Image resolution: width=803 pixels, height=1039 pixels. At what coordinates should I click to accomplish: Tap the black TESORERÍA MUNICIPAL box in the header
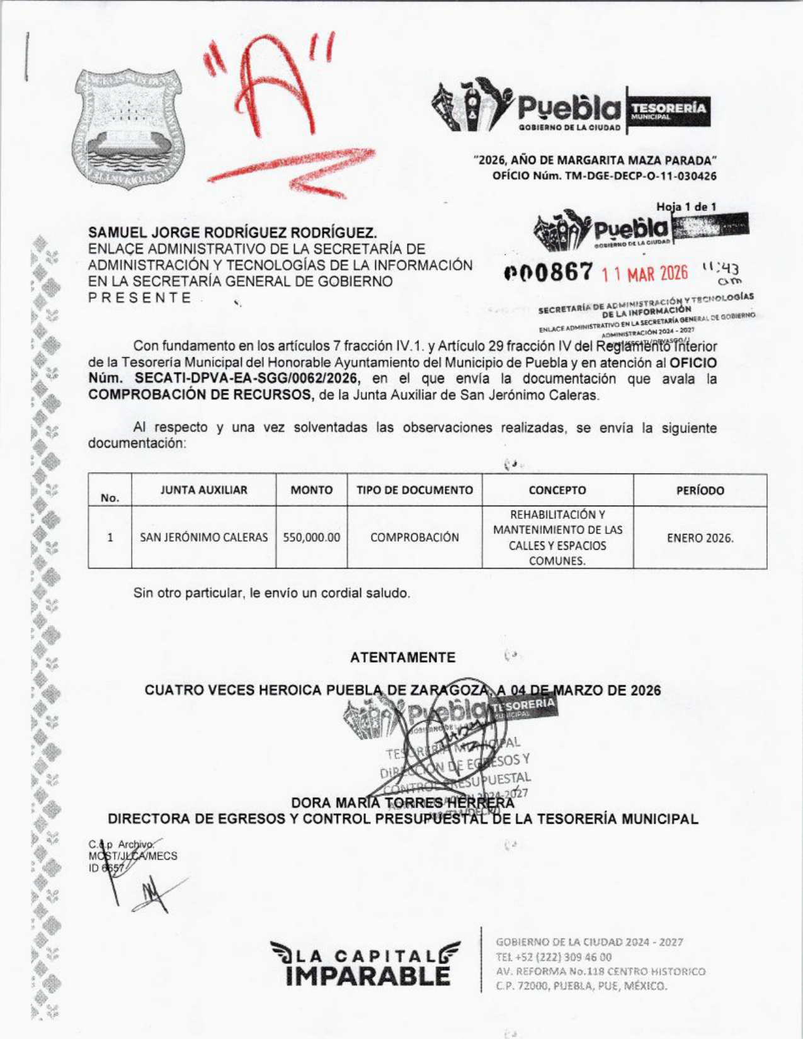pos(667,111)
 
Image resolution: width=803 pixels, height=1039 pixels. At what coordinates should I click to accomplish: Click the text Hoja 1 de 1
pos(686,207)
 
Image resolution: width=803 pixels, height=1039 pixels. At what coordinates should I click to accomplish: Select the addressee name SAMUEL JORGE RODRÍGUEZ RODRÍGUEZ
pos(232,233)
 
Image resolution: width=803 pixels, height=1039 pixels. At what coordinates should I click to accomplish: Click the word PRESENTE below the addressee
pos(140,298)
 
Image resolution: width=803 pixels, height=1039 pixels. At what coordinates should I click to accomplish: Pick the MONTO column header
pos(311,490)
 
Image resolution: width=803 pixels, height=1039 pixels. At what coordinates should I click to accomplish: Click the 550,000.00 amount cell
pos(311,537)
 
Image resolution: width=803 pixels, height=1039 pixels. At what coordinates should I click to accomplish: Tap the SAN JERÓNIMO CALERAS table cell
pos(203,537)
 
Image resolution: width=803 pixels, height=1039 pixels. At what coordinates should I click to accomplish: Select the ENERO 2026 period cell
pos(700,538)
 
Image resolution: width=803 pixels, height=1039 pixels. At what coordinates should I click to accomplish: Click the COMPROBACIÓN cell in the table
pos(414,537)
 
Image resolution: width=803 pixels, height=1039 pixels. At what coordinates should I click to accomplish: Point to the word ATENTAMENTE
pos(402,658)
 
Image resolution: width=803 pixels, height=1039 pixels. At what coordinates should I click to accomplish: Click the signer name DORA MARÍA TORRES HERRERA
pos(402,803)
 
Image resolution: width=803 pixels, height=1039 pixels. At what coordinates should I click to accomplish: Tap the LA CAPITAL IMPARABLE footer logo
pos(364,962)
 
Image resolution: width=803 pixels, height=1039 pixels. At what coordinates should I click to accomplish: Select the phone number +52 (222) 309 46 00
pos(554,957)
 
